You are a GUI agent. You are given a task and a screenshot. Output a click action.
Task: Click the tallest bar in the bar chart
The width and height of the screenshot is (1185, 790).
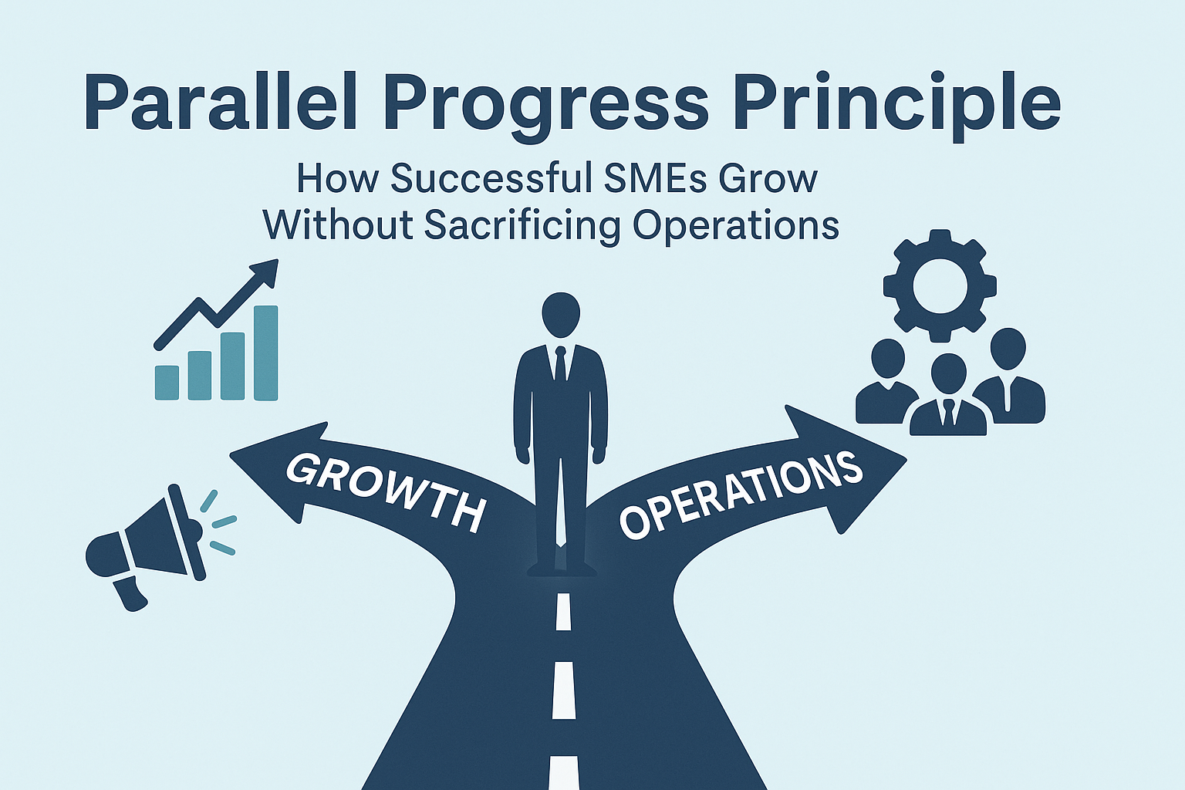click(265, 353)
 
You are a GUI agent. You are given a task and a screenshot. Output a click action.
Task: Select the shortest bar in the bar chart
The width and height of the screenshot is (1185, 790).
click(167, 382)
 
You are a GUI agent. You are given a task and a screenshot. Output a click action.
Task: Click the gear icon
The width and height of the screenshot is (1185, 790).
click(940, 286)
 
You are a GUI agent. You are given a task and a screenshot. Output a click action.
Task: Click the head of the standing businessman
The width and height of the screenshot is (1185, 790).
click(561, 315)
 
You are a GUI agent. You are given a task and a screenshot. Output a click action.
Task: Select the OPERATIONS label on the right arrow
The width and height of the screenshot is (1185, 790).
click(741, 494)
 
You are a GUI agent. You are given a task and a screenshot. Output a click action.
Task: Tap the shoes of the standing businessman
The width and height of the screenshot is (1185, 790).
click(562, 569)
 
